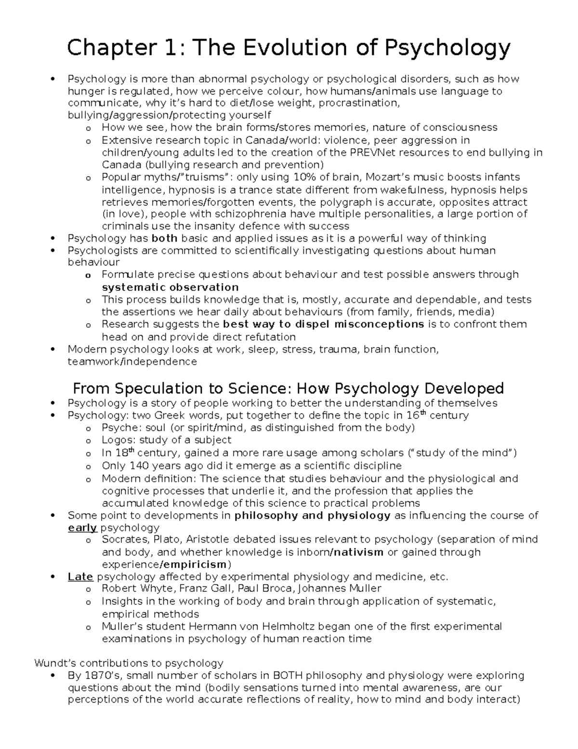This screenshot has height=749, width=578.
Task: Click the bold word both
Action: (164, 238)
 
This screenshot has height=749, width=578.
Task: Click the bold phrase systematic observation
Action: (170, 287)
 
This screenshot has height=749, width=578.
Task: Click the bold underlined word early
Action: (82, 528)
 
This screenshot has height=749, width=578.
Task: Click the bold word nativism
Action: (359, 552)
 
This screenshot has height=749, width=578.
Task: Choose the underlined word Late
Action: (80, 577)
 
